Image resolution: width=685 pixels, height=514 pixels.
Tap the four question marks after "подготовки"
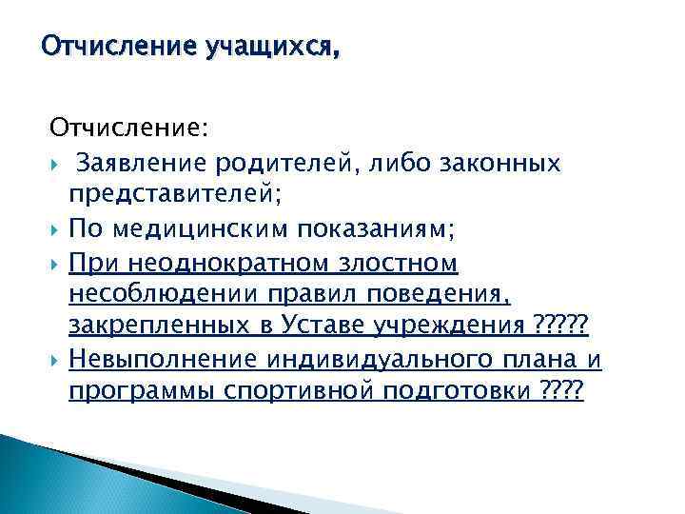click(558, 391)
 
